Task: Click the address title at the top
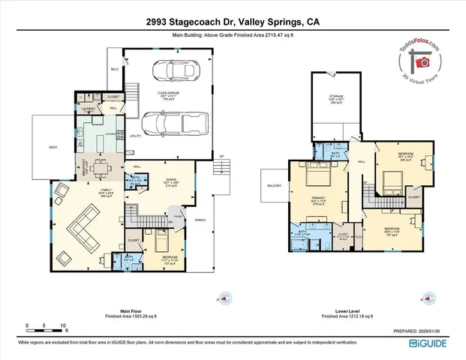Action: pos(233,22)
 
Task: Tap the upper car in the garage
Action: pos(173,71)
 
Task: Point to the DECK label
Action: pos(53,148)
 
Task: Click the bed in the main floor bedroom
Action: pos(161,242)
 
